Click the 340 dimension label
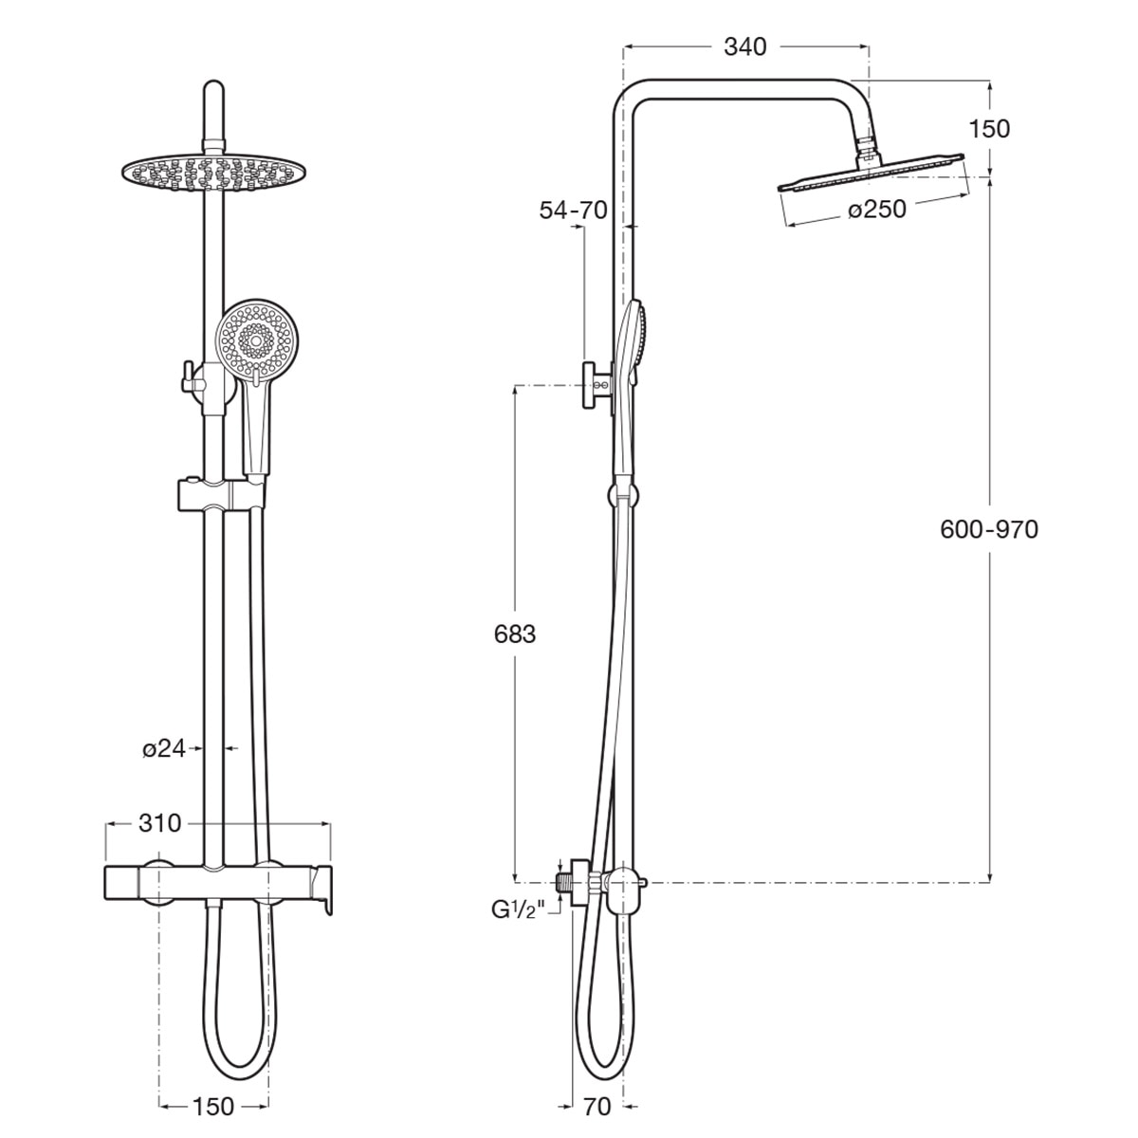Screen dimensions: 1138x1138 [x=745, y=46]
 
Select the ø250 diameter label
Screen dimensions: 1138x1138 [x=877, y=209]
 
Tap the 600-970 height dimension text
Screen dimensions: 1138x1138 [x=989, y=530]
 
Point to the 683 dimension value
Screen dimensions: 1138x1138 [x=515, y=634]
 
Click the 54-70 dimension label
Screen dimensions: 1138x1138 [x=574, y=211]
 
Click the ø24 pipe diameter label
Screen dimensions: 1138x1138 [x=164, y=749]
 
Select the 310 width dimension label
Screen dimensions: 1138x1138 [x=159, y=823]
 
